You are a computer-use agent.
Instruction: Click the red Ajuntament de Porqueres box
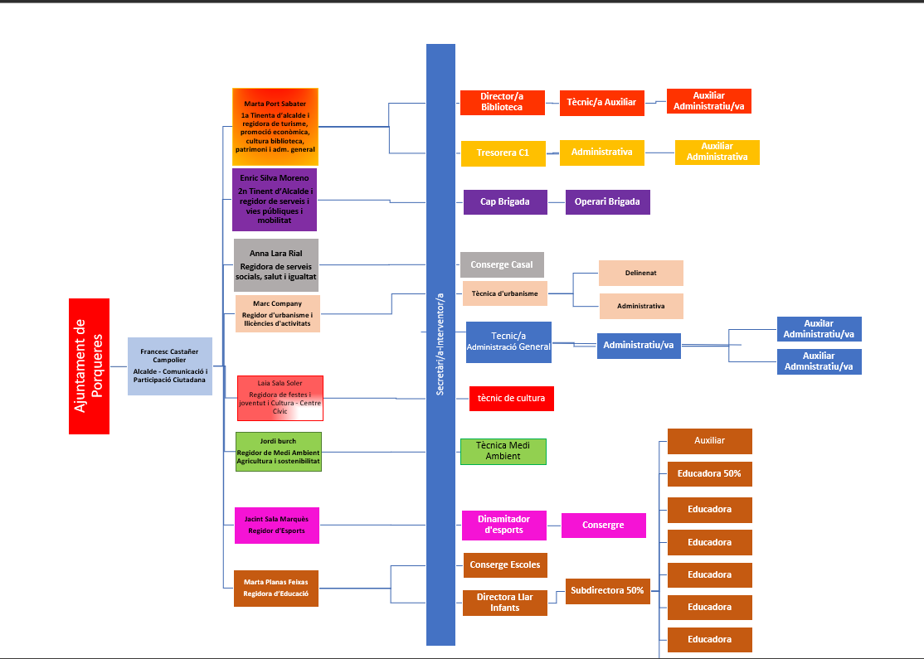coord(89,366)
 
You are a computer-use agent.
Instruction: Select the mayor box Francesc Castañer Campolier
coord(170,366)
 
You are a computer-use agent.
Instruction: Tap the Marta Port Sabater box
coord(275,127)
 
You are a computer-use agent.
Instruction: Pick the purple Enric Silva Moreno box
coord(275,200)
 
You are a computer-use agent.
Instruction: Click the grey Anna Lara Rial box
coord(276,265)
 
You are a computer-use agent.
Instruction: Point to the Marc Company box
coord(278,313)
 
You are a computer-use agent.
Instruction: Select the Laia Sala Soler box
coord(280,398)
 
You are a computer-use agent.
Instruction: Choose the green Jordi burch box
coord(278,452)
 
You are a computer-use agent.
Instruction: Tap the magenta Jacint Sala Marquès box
coord(276,525)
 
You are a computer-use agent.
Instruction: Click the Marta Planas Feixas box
coord(276,588)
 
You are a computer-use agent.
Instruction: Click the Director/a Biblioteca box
coord(502,103)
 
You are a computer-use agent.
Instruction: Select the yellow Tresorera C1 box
coord(503,153)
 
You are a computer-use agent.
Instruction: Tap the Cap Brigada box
coord(505,202)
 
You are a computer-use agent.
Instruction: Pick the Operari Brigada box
coord(608,202)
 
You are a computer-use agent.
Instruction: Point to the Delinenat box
coord(641,273)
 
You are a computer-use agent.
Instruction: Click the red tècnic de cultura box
coord(511,399)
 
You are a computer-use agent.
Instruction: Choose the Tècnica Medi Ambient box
coord(503,452)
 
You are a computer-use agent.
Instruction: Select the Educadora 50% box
coord(709,474)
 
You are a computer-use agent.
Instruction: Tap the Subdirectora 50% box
coord(607,591)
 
